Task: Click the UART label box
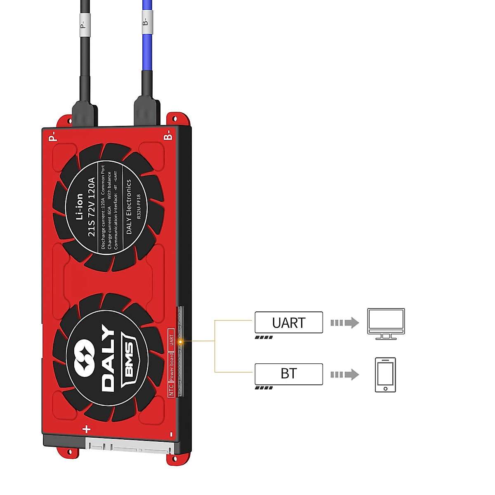click(288, 322)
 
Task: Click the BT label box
click(288, 374)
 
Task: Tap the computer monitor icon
click(386, 324)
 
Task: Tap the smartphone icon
click(385, 375)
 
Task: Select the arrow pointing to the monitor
click(344, 323)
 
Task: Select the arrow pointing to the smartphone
click(344, 375)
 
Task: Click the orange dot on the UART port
click(180, 342)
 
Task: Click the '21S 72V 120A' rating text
click(92, 207)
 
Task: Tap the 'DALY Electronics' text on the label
click(129, 207)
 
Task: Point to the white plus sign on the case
click(87, 429)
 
